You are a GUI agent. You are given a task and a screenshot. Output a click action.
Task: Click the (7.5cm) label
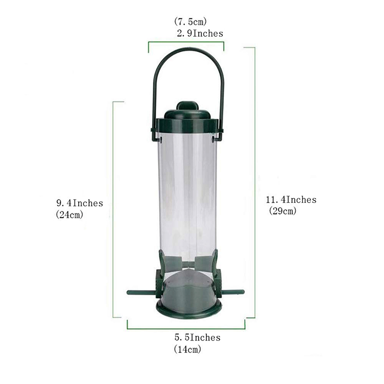pyautogui.click(x=190, y=22)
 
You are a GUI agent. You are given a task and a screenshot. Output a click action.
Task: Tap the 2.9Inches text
pyautogui.click(x=200, y=33)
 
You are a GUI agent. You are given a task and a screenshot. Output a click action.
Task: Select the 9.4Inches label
pyautogui.click(x=79, y=203)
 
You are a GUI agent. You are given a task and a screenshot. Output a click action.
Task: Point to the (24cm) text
pyautogui.click(x=70, y=215)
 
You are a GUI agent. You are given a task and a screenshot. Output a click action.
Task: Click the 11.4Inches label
pyautogui.click(x=291, y=200)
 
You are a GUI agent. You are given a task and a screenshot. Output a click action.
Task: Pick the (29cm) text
pyautogui.click(x=283, y=210)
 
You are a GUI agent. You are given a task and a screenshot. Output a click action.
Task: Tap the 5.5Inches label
pyautogui.click(x=198, y=337)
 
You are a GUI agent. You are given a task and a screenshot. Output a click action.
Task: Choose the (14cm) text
pyautogui.click(x=187, y=349)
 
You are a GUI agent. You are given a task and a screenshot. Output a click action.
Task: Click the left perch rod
pyautogui.click(x=141, y=292)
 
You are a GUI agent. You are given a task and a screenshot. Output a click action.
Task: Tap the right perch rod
pyautogui.click(x=231, y=292)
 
